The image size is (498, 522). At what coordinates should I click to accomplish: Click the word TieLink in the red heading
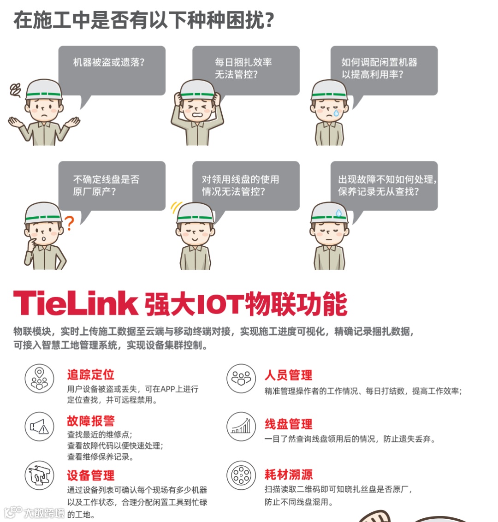click(76, 304)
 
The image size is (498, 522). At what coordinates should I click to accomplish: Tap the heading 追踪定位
click(90, 375)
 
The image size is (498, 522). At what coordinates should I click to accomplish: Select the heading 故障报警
click(90, 421)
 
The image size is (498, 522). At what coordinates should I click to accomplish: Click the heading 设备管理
click(90, 475)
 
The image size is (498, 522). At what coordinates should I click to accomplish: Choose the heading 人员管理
click(288, 375)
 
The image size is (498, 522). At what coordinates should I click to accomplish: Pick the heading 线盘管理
click(288, 424)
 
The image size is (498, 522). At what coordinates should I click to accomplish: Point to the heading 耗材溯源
click(288, 475)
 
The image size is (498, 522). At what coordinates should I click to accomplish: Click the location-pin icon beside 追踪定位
click(39, 378)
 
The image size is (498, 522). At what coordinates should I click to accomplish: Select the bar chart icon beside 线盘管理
click(241, 426)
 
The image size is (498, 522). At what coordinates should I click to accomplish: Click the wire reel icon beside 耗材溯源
click(241, 475)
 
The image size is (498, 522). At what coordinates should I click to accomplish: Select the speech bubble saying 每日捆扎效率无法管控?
click(246, 69)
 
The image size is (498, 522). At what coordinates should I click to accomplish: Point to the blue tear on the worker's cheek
click(336, 112)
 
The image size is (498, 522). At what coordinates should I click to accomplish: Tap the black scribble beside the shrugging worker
click(16, 90)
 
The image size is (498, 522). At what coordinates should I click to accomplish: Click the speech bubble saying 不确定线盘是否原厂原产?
click(112, 185)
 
